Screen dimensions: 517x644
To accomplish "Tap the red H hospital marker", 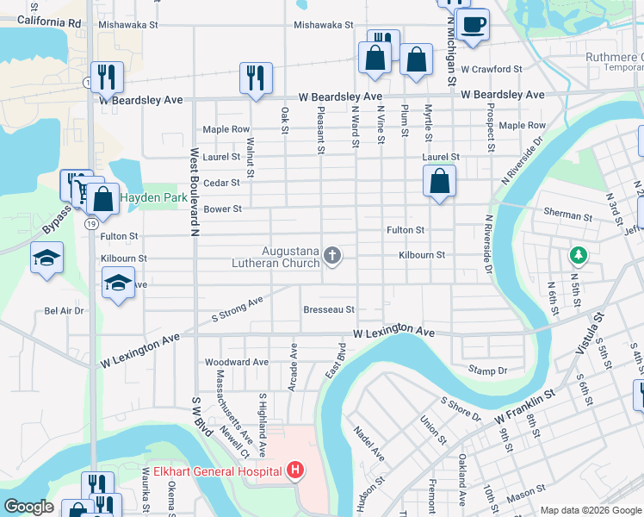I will [x=295, y=470].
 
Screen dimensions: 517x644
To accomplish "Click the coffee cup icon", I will [x=473, y=24].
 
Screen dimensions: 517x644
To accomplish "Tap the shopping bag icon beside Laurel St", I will [x=439, y=182].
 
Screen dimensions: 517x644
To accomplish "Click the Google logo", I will [x=28, y=507].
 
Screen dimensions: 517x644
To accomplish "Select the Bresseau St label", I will [x=329, y=309].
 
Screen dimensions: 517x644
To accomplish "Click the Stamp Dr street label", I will [x=487, y=370].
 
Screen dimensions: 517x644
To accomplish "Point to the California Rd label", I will [x=48, y=20].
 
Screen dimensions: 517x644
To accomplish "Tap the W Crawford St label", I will [x=492, y=69].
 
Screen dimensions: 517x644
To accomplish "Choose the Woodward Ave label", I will [x=236, y=363].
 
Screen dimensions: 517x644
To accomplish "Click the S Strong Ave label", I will [x=237, y=311].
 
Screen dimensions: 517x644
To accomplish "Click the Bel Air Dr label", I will [x=64, y=310].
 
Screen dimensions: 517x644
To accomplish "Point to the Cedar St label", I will [x=221, y=183].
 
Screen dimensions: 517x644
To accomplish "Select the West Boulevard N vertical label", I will [x=195, y=189].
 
